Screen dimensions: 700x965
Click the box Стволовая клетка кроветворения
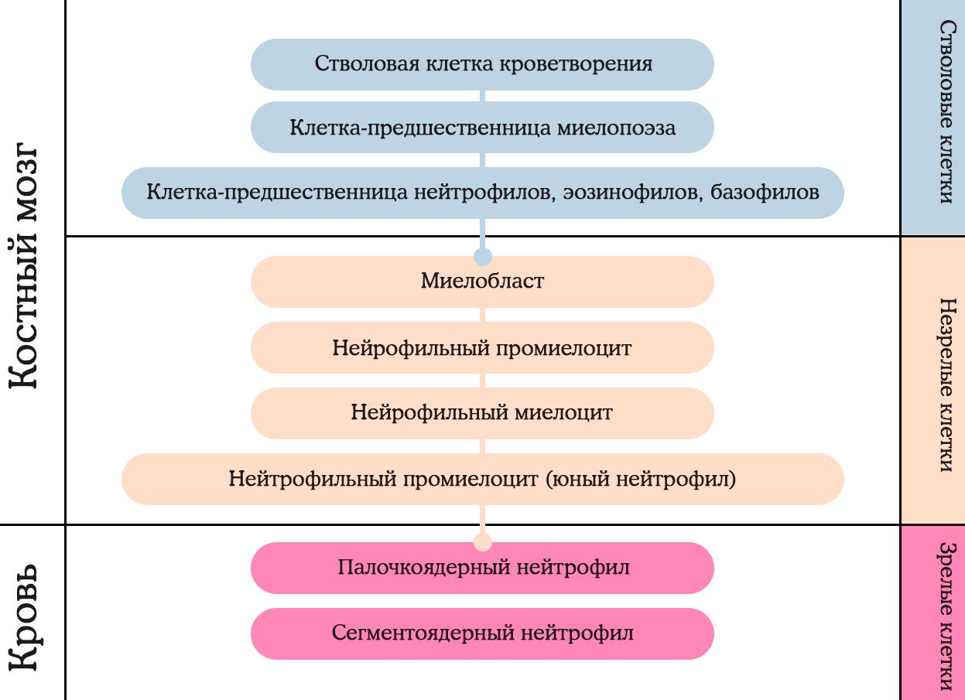pyautogui.click(x=482, y=63)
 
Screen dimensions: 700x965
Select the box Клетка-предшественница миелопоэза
pyautogui.click(x=482, y=128)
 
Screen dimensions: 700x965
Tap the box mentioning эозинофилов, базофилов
pyautogui.click(x=482, y=193)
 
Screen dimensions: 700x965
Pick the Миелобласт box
pyautogui.click(x=482, y=282)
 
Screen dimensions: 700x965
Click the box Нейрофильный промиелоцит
pyautogui.click(x=482, y=348)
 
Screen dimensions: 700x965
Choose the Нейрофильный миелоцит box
pyautogui.click(x=482, y=413)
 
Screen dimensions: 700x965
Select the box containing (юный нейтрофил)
pyautogui.click(x=482, y=480)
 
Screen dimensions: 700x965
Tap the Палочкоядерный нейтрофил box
pyautogui.click(x=482, y=568)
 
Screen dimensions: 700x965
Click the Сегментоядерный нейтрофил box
pyautogui.click(x=482, y=633)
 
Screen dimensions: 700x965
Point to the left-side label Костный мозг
pyautogui.click(x=33, y=265)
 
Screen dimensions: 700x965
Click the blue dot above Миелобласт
pyautogui.click(x=483, y=256)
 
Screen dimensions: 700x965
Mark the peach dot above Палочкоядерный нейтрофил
pyautogui.click(x=483, y=542)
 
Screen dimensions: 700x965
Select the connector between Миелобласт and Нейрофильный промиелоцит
pyautogui.click(x=483, y=315)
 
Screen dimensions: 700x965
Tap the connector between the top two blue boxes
pyautogui.click(x=483, y=95)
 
